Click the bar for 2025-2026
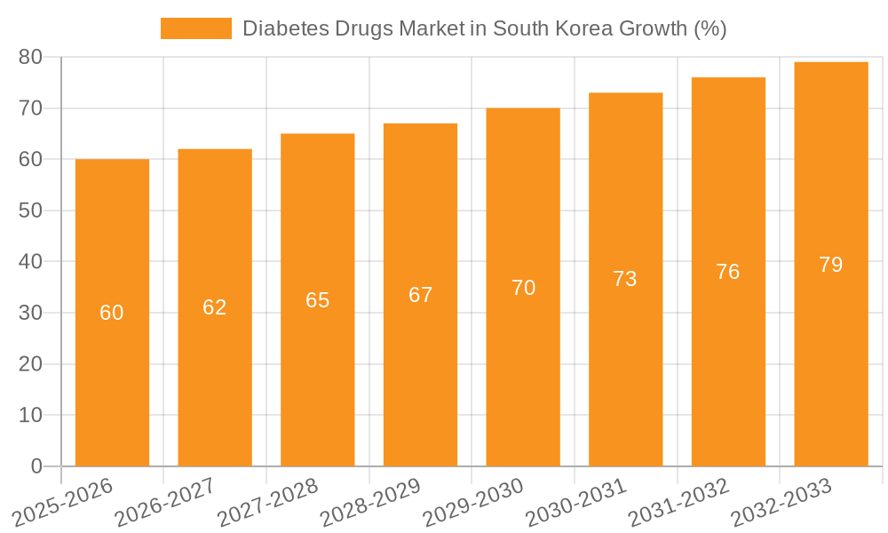coord(112,373)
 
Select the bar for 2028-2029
coord(420,373)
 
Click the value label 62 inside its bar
coord(215,307)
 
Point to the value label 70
coord(523,288)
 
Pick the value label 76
coord(728,272)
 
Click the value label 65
coord(318,300)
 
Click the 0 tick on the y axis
coord(36,466)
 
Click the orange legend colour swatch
coord(195,28)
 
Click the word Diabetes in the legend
coord(279,28)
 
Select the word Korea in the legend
coord(567,28)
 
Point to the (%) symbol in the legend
coord(710,28)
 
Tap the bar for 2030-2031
coord(625,373)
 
